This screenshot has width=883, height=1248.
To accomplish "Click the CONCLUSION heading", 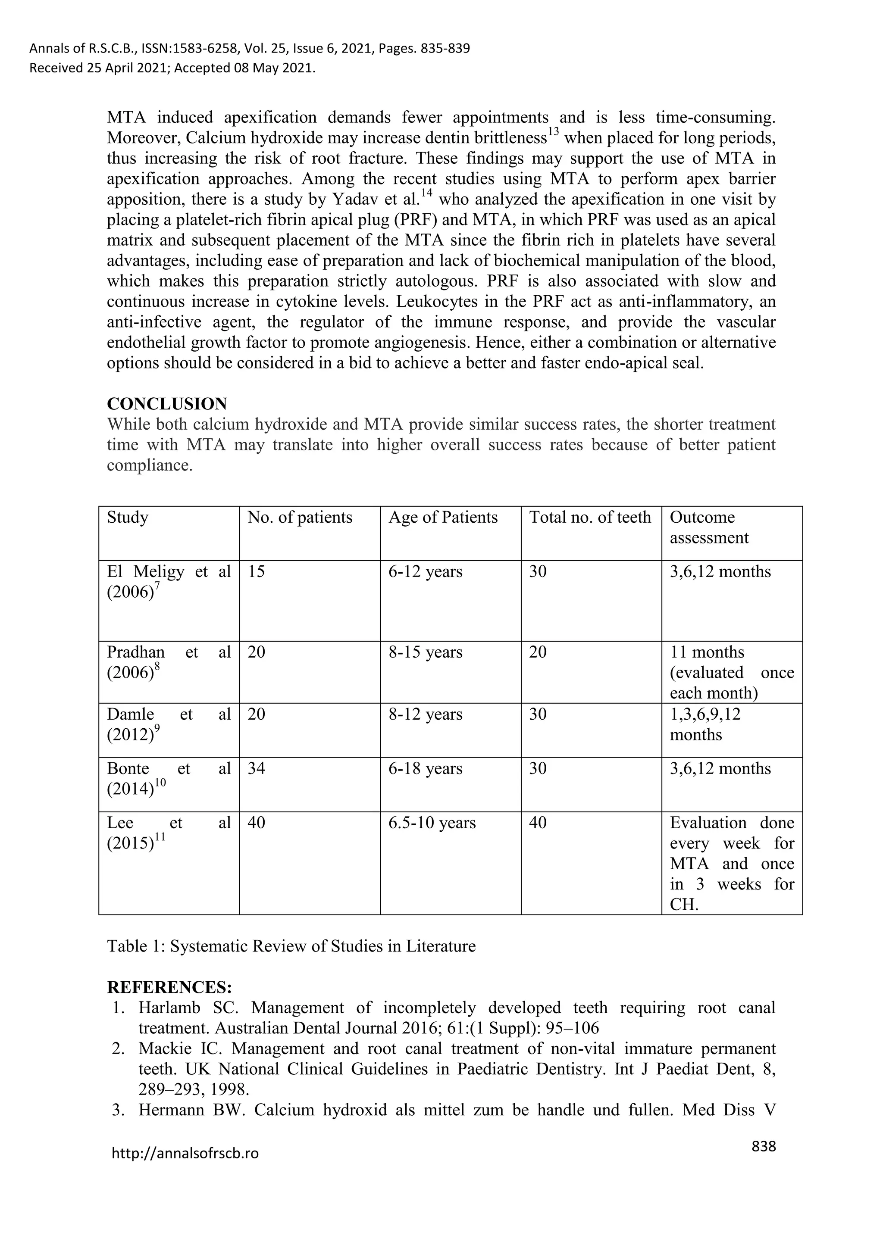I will pos(167,404).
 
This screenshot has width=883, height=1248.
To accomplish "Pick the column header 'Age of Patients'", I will pos(443,517).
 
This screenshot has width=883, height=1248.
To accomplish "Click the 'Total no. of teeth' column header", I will pos(589,517).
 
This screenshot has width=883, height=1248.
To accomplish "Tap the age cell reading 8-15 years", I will pos(425,652).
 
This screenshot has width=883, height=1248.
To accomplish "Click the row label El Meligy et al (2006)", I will pos(169,582).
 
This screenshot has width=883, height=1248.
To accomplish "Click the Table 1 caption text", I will pos(291,946).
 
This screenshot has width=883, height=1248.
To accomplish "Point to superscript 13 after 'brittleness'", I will pos(554,133).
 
